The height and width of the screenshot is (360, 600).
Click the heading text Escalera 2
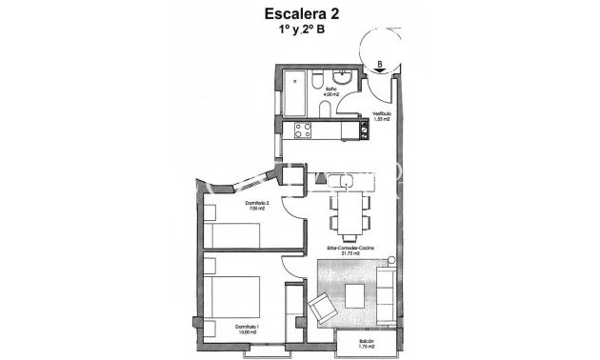click(299, 13)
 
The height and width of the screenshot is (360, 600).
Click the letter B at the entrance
click(381, 65)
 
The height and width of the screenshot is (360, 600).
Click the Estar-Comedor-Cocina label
click(349, 250)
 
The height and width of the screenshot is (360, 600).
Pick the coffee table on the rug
click(358, 295)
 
